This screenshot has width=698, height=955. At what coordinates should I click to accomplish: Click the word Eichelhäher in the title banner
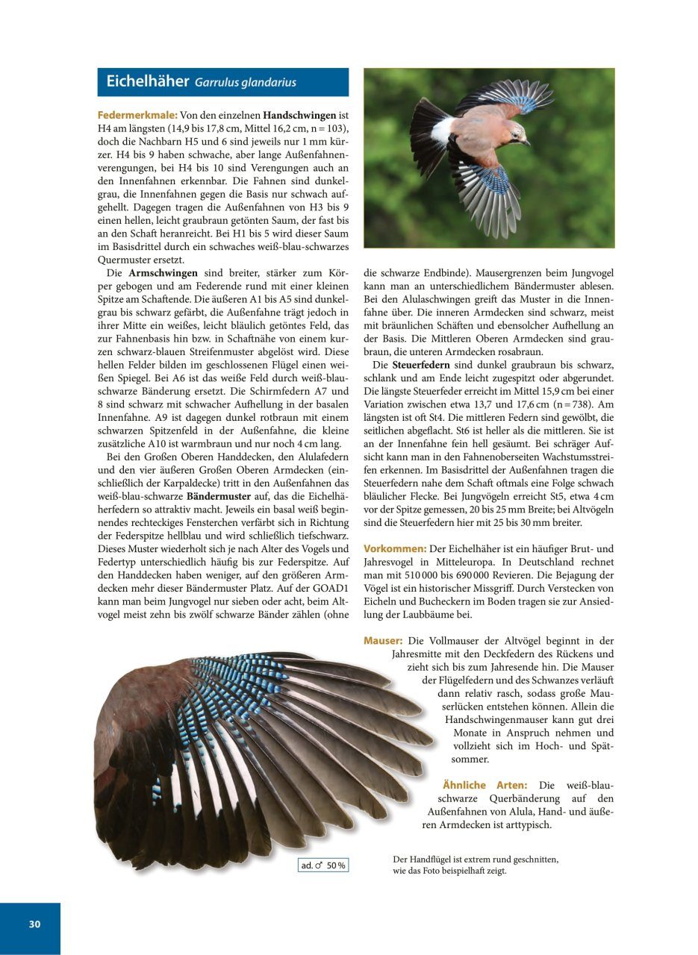click(147, 81)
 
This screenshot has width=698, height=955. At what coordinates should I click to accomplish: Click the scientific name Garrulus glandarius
click(245, 83)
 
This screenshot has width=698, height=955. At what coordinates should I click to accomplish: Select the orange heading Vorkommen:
click(395, 548)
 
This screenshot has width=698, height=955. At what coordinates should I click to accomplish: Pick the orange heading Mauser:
click(383, 641)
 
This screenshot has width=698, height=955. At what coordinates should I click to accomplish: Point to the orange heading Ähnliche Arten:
click(484, 785)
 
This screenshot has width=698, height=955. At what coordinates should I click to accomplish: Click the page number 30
click(34, 924)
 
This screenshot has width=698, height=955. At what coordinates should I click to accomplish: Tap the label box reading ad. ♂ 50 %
click(323, 865)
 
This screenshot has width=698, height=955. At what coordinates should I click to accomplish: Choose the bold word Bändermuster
click(218, 495)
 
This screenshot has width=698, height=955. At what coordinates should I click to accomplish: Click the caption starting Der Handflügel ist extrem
click(475, 865)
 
